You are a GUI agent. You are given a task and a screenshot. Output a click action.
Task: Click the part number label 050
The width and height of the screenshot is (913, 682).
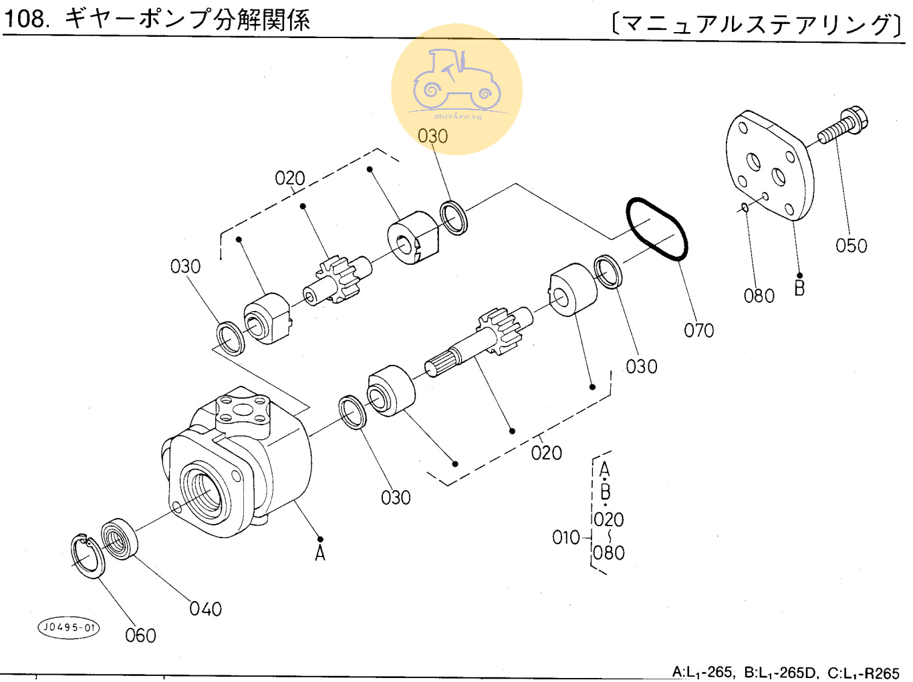click(851, 246)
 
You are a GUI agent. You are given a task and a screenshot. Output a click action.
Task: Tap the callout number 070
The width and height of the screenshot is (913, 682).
click(698, 330)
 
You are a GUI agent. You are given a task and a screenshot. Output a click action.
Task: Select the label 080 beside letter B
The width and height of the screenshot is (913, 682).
click(759, 296)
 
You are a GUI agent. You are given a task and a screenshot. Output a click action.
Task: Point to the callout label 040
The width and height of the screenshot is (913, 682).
click(205, 609)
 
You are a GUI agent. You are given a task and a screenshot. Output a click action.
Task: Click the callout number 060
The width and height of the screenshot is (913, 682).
click(140, 636)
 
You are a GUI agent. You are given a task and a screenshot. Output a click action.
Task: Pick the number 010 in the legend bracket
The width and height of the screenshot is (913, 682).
click(565, 538)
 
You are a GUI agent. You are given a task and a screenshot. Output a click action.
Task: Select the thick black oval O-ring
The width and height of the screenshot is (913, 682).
click(656, 229)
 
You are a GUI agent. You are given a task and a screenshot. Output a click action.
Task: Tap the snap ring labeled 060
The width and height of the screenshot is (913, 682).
click(88, 556)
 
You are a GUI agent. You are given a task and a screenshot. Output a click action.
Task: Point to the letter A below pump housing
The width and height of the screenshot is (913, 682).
click(320, 554)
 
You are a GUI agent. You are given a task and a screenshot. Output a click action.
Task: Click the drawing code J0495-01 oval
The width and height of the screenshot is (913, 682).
click(69, 628)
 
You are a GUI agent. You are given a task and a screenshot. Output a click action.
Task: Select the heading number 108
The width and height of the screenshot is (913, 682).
click(26, 19)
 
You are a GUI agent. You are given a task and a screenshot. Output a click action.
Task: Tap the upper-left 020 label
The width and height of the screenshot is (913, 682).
click(289, 179)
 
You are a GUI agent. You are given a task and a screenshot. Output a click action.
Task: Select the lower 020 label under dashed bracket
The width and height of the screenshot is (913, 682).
click(546, 453)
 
